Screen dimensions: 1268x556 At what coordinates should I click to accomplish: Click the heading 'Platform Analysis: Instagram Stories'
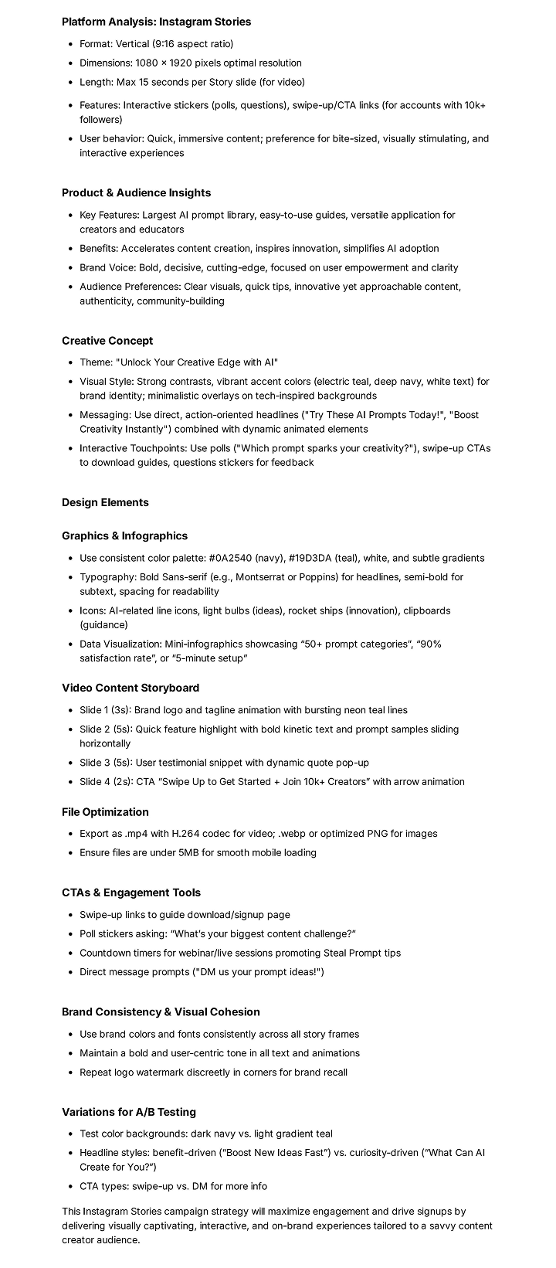point(156,22)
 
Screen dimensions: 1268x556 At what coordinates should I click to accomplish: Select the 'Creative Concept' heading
point(107,341)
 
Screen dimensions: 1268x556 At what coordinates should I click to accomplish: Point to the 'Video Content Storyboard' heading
point(131,688)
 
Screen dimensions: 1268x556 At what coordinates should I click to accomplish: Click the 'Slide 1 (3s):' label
point(106,710)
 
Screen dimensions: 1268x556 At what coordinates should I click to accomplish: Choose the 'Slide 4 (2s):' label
point(107,781)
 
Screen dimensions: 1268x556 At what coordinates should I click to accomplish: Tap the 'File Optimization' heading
point(105,812)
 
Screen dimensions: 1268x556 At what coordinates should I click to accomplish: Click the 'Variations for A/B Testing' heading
point(129,1112)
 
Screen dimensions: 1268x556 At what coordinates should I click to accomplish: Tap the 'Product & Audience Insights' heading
point(136,192)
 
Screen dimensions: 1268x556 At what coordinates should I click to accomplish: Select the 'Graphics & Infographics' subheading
point(124,535)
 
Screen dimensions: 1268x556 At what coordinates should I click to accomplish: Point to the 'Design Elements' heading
point(105,502)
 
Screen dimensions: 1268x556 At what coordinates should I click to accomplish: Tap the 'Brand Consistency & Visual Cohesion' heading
point(161,1011)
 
